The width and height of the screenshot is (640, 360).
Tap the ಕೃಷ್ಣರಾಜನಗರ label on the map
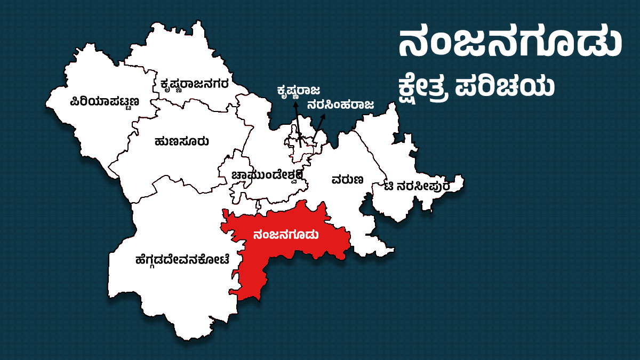pyautogui.click(x=195, y=84)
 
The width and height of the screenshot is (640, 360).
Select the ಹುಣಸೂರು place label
pyautogui.click(x=181, y=142)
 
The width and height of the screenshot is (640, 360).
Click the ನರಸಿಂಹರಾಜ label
pyautogui.click(x=340, y=105)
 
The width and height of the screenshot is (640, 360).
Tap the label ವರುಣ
pyautogui.click(x=347, y=180)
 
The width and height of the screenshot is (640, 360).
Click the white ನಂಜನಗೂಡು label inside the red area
pyautogui.click(x=287, y=235)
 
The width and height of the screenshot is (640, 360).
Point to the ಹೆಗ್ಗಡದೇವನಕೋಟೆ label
pyautogui.click(x=182, y=260)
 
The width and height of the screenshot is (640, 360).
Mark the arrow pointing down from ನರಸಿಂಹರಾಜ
pyautogui.click(x=318, y=128)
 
